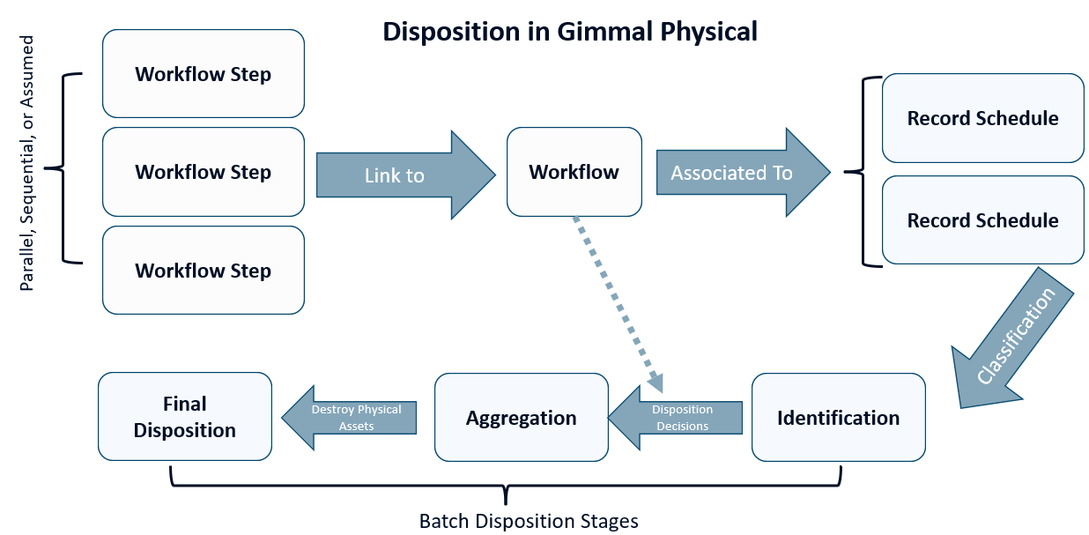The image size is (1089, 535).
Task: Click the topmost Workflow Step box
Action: [x=203, y=74]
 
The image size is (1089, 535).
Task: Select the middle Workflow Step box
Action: [x=203, y=172]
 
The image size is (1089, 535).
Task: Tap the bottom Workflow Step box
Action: [x=203, y=271]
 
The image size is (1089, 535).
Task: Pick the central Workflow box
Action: [x=574, y=172]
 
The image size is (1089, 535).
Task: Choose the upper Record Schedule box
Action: [x=982, y=118]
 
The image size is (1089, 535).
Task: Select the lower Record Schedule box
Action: [x=982, y=220]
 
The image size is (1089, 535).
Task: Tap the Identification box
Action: [x=838, y=417]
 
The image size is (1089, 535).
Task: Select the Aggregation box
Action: [x=521, y=417]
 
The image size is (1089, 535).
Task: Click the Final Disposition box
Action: [x=185, y=417]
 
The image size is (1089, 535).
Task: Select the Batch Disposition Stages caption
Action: [x=528, y=521]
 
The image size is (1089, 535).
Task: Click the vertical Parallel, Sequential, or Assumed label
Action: [x=28, y=164]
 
